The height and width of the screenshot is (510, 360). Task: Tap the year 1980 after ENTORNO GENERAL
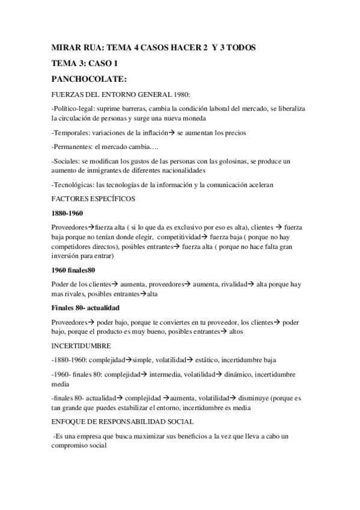coord(180,94)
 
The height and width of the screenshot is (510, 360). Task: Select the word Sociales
coord(65,162)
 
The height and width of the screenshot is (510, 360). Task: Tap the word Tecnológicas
coord(75,185)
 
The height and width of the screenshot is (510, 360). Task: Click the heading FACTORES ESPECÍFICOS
coord(93,198)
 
